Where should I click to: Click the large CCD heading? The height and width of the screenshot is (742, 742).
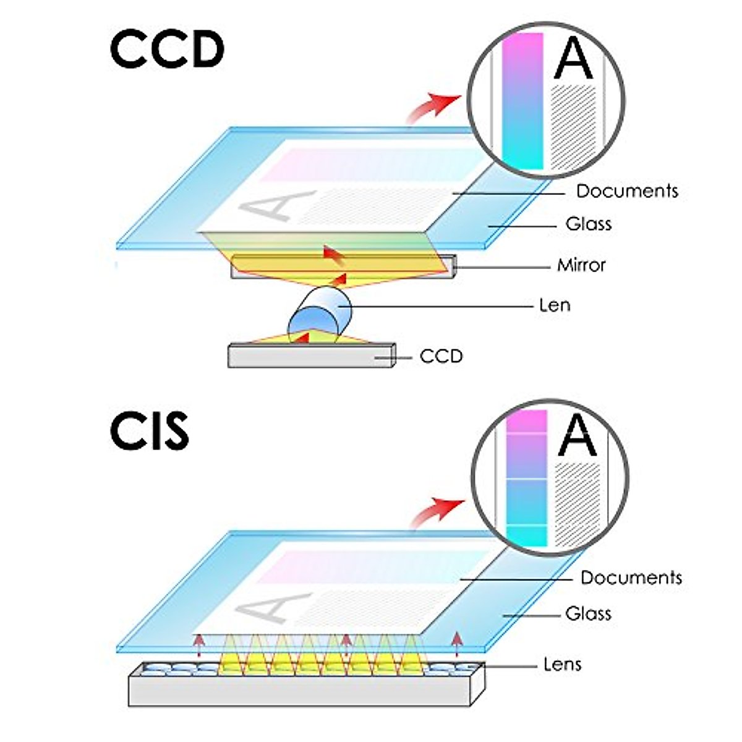[167, 50]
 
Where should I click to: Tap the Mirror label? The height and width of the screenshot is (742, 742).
[581, 265]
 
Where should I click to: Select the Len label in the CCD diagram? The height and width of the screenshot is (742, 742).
[555, 305]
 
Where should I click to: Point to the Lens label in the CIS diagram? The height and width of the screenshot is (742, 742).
[562, 675]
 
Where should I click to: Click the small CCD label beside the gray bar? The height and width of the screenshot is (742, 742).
[441, 357]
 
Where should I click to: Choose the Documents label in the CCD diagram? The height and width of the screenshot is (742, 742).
[627, 191]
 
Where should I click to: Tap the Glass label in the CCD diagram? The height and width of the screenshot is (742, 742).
[589, 224]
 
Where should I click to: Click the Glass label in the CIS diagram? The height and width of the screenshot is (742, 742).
[588, 613]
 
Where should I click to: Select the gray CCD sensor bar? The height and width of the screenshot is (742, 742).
[312, 356]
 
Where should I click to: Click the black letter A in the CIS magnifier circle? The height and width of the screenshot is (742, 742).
[577, 435]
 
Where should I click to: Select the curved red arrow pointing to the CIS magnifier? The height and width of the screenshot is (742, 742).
[437, 513]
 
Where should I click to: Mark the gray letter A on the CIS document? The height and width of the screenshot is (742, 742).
[273, 608]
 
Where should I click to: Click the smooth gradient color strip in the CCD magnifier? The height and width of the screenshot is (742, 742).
[522, 101]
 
